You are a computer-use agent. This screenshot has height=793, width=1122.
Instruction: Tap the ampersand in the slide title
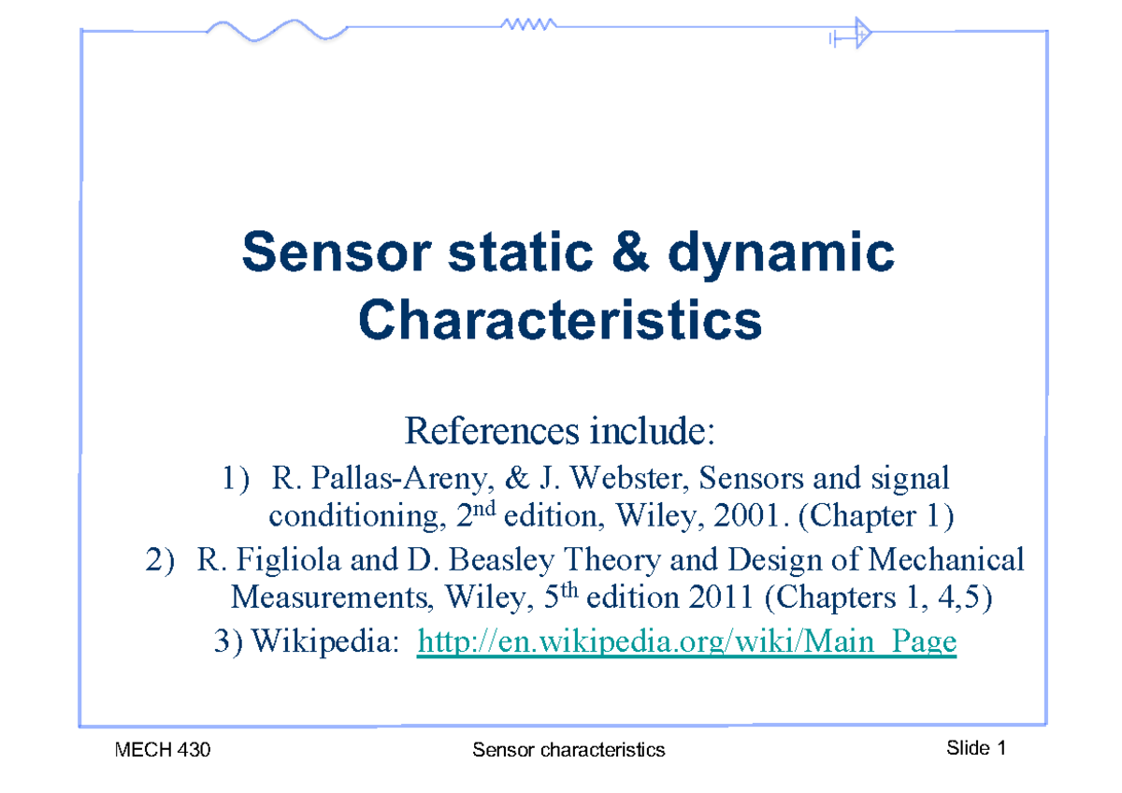click(608, 253)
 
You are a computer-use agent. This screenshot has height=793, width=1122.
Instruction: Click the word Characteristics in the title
click(560, 321)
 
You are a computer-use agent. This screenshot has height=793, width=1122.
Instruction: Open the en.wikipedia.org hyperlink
click(687, 642)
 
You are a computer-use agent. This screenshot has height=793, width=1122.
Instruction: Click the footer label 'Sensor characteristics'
click(568, 749)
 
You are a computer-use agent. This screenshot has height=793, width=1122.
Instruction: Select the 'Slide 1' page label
click(976, 748)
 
